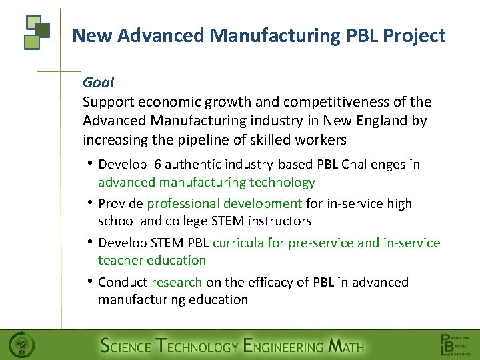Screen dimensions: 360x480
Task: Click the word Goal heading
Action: coord(98,83)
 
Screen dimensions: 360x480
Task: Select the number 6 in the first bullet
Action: coord(157,164)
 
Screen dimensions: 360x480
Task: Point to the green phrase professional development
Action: coord(225,203)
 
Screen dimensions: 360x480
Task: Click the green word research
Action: coord(177,282)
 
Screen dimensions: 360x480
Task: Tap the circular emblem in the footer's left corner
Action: coord(22,345)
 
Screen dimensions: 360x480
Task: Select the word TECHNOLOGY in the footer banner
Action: coord(196,346)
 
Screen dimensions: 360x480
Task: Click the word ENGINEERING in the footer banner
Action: coord(283,346)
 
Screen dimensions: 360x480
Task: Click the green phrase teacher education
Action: coord(152,260)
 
